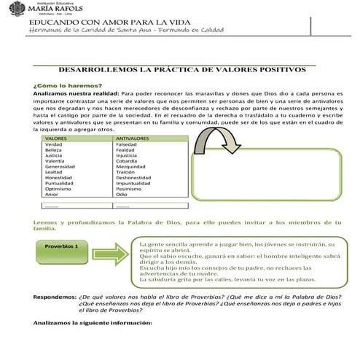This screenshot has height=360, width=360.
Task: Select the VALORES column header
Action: coord(56,137)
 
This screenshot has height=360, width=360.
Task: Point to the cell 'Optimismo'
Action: coord(59,188)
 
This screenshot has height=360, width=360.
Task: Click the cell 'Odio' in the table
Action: coord(122,194)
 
